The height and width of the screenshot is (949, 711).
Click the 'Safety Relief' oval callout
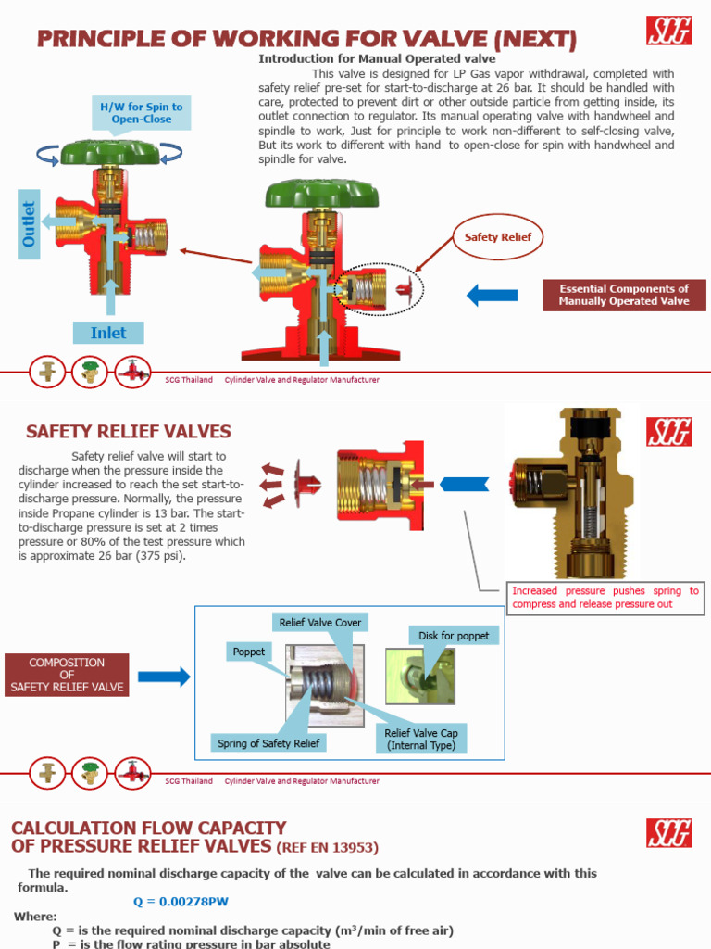tap(498, 237)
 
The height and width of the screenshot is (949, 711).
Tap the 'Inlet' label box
tap(108, 333)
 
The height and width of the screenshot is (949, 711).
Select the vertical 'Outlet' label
tap(29, 223)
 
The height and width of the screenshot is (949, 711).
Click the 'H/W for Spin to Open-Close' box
tap(142, 113)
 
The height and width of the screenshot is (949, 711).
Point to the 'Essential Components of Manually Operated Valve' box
tap(624, 295)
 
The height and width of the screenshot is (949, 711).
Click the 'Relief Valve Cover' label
tap(320, 622)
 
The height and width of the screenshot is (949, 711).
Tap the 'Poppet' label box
tap(248, 652)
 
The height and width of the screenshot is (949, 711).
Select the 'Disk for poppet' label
tap(454, 635)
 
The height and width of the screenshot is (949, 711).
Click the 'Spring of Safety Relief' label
tap(268, 743)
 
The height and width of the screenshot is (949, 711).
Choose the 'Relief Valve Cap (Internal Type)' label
tap(422, 739)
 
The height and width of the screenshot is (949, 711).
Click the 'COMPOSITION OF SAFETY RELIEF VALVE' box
tap(67, 675)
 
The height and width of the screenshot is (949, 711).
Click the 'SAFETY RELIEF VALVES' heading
tap(129, 432)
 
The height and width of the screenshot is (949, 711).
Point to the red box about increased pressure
tap(606, 598)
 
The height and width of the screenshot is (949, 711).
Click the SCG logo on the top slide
tap(669, 32)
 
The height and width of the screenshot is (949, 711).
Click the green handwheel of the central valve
tap(321, 194)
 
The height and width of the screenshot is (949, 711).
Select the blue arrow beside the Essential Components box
tap(492, 295)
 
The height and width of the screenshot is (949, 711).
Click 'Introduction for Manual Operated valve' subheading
tap(377, 58)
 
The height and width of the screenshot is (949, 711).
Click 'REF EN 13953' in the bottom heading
tap(327, 847)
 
